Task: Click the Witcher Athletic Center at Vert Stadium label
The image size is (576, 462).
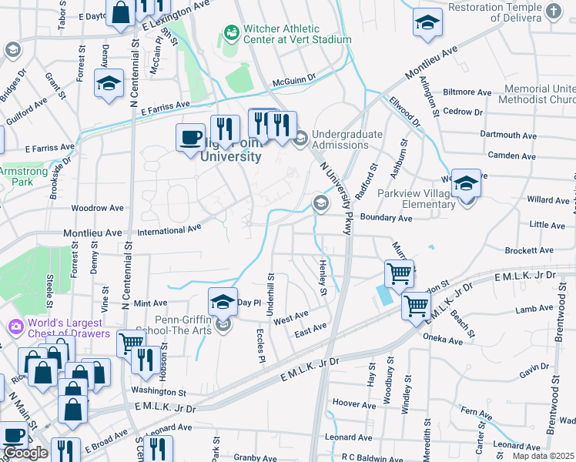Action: tap(296, 33)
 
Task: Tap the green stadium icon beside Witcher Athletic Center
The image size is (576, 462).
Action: tap(230, 32)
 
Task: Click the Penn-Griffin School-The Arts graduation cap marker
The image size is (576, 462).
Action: tap(223, 303)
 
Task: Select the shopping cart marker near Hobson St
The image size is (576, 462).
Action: tap(131, 343)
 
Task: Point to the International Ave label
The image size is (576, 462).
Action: tap(169, 229)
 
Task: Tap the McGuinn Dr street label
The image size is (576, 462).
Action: tap(293, 80)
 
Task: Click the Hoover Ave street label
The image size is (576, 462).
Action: tap(353, 403)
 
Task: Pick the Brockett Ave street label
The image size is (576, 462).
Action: tap(529, 250)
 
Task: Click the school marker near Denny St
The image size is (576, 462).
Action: tap(109, 84)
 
